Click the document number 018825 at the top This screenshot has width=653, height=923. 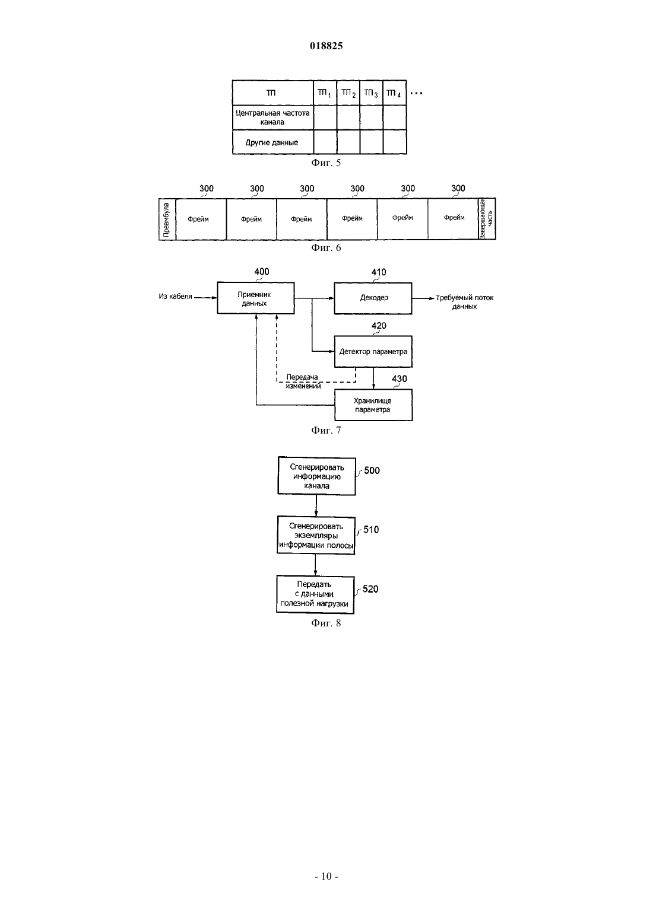(x=326, y=46)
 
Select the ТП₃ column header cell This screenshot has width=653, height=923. (x=372, y=93)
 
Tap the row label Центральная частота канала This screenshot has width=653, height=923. (x=272, y=117)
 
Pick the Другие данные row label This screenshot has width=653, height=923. (x=272, y=142)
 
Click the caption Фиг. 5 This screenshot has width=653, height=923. (x=326, y=163)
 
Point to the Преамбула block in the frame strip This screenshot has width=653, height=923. (x=167, y=219)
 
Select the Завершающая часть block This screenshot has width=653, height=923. (x=487, y=219)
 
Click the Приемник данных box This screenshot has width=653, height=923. (x=256, y=298)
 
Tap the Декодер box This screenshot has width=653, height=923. (x=373, y=298)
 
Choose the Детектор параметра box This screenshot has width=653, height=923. (x=373, y=352)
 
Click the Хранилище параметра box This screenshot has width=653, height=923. (x=373, y=405)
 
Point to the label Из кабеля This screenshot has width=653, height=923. (x=176, y=296)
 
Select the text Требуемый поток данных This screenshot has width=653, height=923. (x=465, y=302)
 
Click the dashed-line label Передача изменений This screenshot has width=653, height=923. (x=303, y=381)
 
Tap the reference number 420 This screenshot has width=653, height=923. (x=379, y=326)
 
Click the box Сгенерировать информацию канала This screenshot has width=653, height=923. (x=316, y=476)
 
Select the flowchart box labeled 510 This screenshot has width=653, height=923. (x=316, y=535)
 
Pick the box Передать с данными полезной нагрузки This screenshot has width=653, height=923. (x=315, y=594)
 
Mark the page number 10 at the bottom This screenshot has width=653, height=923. (x=326, y=876)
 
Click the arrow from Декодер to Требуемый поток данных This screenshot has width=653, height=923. (x=423, y=298)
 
